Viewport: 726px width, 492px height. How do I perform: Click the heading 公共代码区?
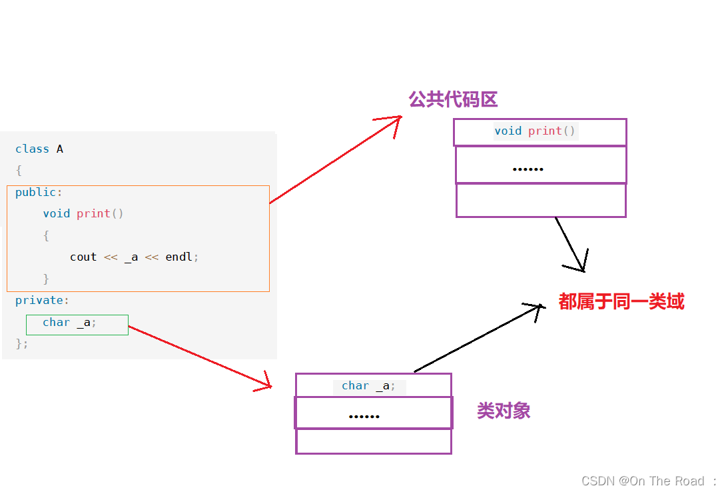[x=453, y=100]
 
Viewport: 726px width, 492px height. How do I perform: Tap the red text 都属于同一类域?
[x=621, y=302]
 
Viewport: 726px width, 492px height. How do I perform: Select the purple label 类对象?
[x=504, y=411]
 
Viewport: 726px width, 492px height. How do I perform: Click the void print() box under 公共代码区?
[x=540, y=131]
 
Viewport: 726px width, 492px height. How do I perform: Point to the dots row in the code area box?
[x=540, y=165]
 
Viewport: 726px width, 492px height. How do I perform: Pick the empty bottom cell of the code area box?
[x=540, y=200]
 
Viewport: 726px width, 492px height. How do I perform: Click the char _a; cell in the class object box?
[x=373, y=385]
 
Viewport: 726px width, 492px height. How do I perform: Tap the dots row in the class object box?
[x=373, y=413]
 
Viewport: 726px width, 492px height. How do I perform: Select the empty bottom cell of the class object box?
[x=373, y=441]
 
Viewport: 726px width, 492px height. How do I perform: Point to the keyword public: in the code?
[x=39, y=192]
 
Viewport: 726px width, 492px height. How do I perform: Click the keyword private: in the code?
[x=42, y=300]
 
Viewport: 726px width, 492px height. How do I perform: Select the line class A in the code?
[x=39, y=149]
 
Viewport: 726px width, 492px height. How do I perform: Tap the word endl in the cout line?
[x=179, y=257]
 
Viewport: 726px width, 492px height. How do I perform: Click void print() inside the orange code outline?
[x=83, y=213]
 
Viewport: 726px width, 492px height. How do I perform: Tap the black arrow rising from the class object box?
[x=476, y=339]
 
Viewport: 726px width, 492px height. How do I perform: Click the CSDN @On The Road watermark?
[x=643, y=481]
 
